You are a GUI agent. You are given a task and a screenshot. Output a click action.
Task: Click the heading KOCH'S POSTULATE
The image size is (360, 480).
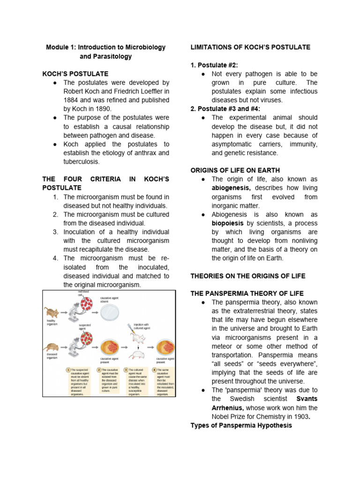(75, 74)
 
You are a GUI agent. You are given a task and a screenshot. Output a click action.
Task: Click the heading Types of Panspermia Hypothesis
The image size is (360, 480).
(241, 426)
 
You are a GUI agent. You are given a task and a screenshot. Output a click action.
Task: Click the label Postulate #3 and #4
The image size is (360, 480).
(225, 109)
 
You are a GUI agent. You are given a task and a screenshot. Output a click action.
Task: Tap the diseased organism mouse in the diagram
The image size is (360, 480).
(52, 348)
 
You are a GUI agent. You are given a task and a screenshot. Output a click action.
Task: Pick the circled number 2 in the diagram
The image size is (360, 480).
(99, 370)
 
